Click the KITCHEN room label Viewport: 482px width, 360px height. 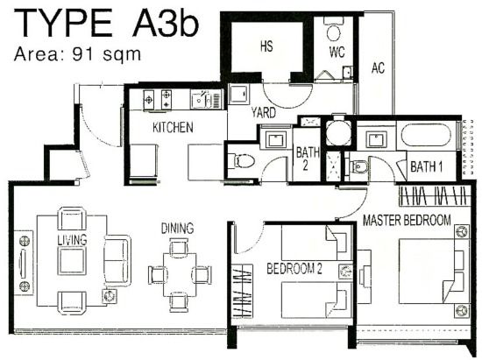click(173, 128)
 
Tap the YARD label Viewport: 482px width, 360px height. click(264, 113)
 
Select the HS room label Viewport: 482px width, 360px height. click(266, 46)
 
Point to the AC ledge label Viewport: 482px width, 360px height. click(378, 68)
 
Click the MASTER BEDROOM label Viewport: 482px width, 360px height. click(407, 220)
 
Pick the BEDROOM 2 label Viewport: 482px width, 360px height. click(294, 268)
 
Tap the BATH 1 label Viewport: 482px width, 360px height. click(427, 166)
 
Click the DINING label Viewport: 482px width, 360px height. click(177, 229)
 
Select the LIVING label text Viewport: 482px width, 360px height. click(72, 240)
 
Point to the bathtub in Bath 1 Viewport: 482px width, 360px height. click(426, 136)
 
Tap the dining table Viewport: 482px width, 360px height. click(180, 274)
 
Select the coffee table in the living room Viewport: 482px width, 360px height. click(72, 261)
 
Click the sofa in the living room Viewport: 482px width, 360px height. click(117, 261)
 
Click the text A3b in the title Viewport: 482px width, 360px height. click(166, 24)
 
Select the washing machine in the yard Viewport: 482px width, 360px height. click(238, 94)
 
